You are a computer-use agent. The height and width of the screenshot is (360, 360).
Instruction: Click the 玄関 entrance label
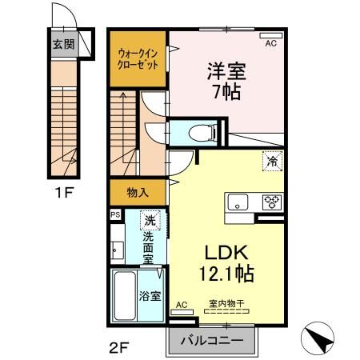click(63, 45)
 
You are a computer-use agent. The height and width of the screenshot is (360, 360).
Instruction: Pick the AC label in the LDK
click(181, 305)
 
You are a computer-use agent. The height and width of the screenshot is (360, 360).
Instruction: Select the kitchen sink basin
click(238, 201)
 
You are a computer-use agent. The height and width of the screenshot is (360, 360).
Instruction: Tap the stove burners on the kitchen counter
click(270, 201)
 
